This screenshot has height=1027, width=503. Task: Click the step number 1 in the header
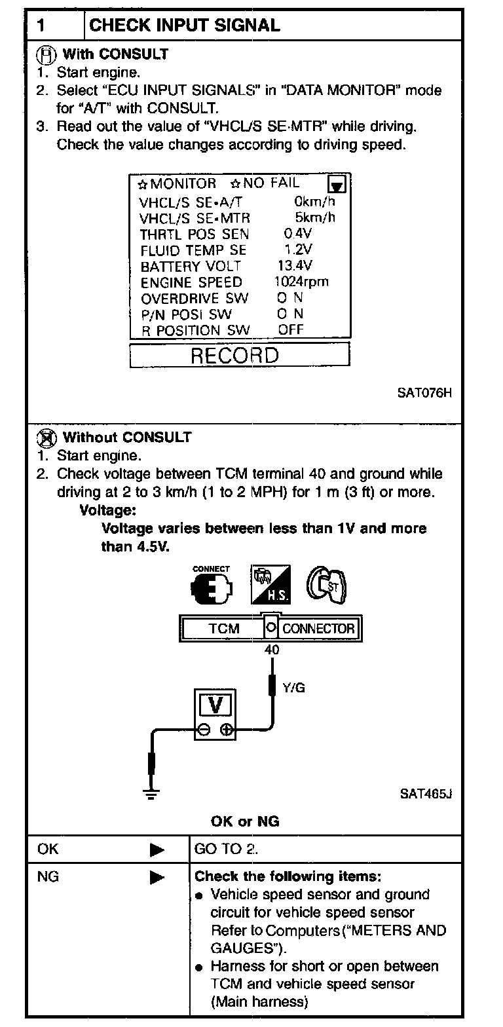41,26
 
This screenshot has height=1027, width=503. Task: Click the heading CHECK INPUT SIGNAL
184,26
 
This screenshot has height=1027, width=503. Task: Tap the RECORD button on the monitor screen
239,356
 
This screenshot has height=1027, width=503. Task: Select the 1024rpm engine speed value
301,282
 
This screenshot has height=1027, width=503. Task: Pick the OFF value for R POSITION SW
291,330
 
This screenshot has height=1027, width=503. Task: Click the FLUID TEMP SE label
193,250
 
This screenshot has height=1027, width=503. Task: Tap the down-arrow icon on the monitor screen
340,184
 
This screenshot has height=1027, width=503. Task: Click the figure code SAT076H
425,393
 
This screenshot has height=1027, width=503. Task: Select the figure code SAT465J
426,794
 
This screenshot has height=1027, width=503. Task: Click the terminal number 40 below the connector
271,650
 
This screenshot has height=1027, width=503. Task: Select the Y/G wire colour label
294,687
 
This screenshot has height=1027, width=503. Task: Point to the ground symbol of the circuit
152,794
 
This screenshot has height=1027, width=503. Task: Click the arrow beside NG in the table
157,876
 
